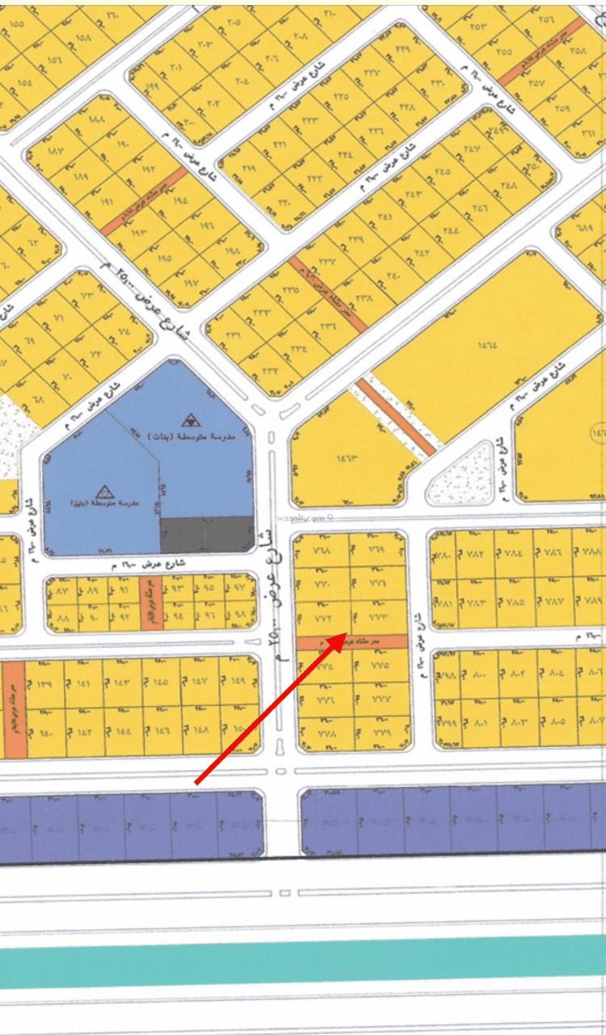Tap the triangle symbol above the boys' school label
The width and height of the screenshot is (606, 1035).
[x=104, y=490]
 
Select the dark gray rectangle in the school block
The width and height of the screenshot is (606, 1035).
[x=207, y=534]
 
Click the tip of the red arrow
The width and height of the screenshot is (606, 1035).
[x=346, y=633]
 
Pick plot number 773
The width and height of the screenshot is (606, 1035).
[x=379, y=618]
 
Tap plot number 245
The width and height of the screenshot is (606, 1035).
[x=442, y=171]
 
